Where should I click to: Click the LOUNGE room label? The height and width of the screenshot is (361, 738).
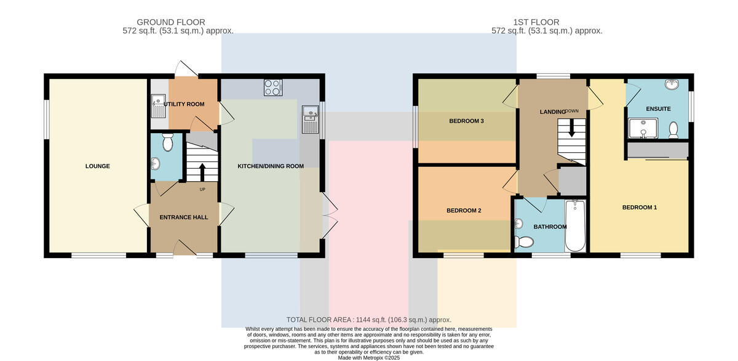click(98, 166)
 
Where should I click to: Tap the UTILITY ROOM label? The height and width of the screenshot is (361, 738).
click(184, 104)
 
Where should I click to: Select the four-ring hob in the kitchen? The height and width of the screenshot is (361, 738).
click(273, 87)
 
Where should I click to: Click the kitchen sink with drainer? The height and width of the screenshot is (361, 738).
click(311, 120)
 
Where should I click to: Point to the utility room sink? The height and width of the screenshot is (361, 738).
click(159, 106)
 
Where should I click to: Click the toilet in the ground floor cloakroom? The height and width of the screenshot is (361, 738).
click(168, 142)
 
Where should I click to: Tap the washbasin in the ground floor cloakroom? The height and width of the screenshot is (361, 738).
click(156, 163)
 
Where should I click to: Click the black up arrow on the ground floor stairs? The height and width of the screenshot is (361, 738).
click(202, 172)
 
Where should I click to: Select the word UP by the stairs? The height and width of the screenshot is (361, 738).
click(202, 189)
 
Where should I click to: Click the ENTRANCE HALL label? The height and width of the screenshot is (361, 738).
click(184, 217)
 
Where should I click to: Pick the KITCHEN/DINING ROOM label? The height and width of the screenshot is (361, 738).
click(271, 166)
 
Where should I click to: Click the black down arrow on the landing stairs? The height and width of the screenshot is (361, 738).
click(572, 128)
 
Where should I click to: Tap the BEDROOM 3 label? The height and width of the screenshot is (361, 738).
click(467, 121)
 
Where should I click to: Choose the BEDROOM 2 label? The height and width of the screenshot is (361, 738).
click(464, 211)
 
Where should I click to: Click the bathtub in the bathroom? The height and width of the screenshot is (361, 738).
click(575, 225)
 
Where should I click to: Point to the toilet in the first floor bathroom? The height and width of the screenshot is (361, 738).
click(524, 242)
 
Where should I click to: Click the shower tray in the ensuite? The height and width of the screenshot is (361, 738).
click(643, 128)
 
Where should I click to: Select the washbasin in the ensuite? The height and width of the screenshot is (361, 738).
click(672, 84)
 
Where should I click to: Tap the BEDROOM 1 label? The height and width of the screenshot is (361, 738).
click(640, 208)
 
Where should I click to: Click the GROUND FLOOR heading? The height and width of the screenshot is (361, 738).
click(171, 22)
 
